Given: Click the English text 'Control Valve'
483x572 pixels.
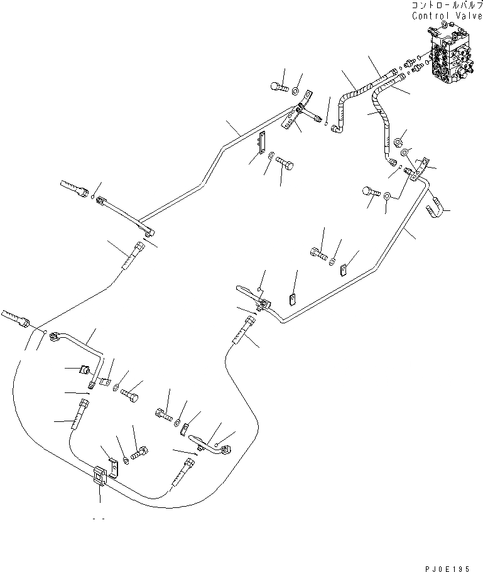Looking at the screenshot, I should pos(447,16).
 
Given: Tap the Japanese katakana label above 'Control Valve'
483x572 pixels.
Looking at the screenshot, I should pos(447,6).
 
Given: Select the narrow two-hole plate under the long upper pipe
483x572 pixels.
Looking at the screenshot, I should pos(263,145).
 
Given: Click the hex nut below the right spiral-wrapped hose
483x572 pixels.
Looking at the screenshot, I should pos(398,143).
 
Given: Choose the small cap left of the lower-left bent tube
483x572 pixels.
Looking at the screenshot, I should pos(84,369).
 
